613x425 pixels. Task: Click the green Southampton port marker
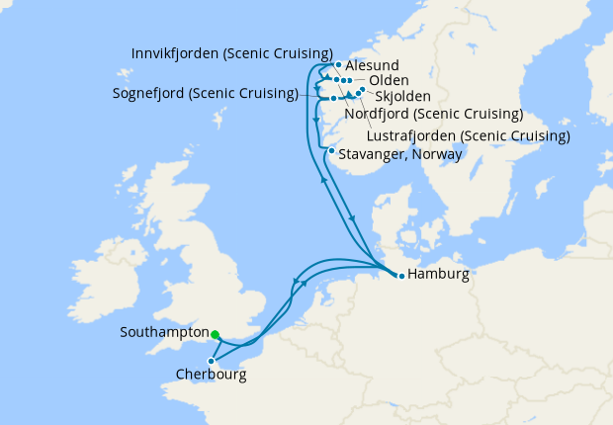tap(216, 334)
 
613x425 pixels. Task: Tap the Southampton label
tap(164, 333)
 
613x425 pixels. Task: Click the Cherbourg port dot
tap(212, 361)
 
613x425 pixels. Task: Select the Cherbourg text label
tap(211, 376)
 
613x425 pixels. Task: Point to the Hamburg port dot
tap(400, 276)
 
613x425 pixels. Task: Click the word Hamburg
tap(437, 275)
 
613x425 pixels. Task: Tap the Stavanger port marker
tap(330, 151)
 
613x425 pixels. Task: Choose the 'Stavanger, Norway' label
tap(400, 154)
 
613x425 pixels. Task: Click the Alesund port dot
tap(338, 65)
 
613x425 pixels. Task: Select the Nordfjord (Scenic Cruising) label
tap(433, 115)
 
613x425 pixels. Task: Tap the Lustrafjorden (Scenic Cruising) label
tap(468, 134)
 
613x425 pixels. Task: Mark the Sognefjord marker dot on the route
tap(334, 98)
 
